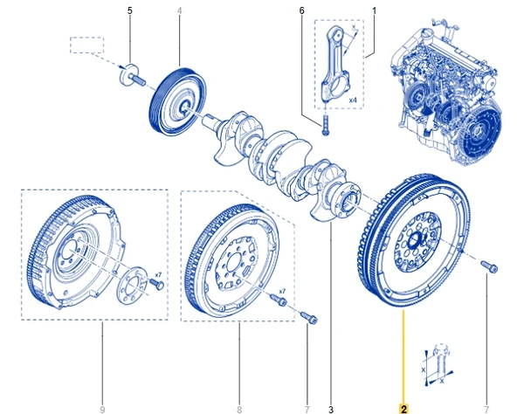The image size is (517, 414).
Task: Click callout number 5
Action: [x=130, y=10]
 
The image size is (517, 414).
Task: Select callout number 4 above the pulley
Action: [x=179, y=10]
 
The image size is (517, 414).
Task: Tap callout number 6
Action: [x=301, y=10]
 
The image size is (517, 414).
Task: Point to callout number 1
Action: [x=374, y=10]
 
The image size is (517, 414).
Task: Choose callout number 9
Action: [x=101, y=408]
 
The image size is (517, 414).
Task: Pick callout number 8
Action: [x=238, y=408]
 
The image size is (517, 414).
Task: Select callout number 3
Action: [x=331, y=408]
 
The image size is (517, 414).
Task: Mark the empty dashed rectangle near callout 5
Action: [x=86, y=44]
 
